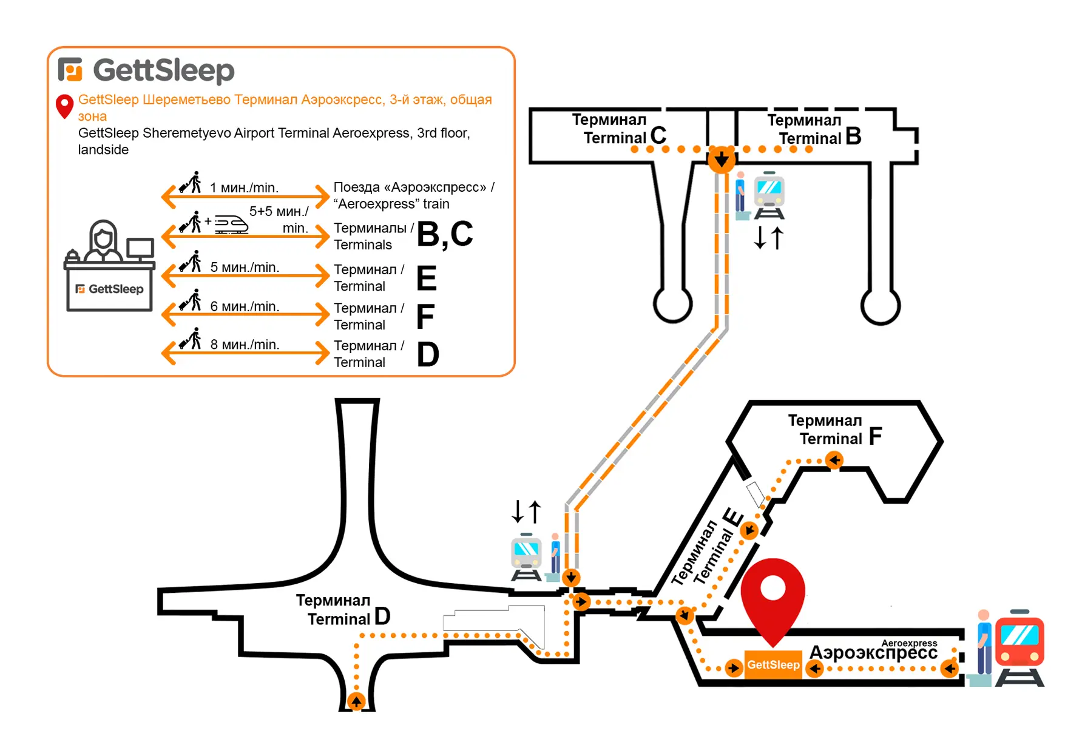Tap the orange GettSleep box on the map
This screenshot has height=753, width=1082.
[773, 665]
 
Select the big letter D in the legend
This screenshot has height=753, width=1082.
[428, 354]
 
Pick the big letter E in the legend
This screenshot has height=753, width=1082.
[427, 279]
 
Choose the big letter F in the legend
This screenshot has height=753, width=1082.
[425, 316]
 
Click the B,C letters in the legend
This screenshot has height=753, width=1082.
[445, 234]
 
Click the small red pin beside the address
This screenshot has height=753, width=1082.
[64, 106]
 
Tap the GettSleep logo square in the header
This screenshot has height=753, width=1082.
[70, 69]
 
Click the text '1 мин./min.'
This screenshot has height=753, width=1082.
[244, 188]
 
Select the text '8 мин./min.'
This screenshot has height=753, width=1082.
[245, 345]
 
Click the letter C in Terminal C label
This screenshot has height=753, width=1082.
[658, 135]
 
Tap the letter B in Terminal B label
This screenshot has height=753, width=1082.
[853, 137]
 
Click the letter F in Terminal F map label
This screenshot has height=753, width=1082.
[875, 436]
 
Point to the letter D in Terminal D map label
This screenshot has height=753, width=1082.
[382, 616]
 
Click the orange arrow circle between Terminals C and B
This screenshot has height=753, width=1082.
[721, 160]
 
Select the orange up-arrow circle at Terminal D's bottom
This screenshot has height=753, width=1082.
[356, 701]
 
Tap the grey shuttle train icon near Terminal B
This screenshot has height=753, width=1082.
[769, 196]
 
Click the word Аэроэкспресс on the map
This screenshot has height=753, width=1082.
[873, 653]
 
